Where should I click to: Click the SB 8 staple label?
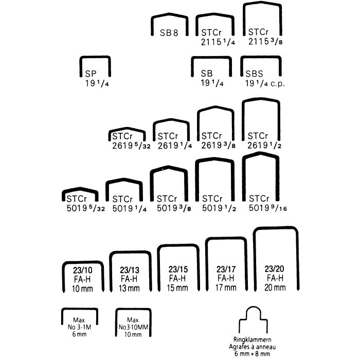pyautogui.click(x=169, y=33)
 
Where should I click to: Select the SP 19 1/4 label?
pyautogui.click(x=97, y=79)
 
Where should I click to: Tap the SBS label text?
pyautogui.click(x=254, y=74)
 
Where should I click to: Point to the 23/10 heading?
pyautogui.click(x=82, y=270)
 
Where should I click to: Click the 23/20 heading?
pyautogui.click(x=274, y=268)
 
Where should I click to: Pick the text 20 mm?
pyautogui.click(x=275, y=287)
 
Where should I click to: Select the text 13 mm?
pyautogui.click(x=129, y=288)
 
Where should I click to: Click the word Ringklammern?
pyautogui.click(x=253, y=339)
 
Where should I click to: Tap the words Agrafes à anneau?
pyautogui.click(x=253, y=347)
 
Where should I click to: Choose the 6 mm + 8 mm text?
pyautogui.click(x=253, y=354)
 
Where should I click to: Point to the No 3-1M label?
pyautogui.click(x=79, y=327)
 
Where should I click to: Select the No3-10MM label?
pyautogui.click(x=133, y=327)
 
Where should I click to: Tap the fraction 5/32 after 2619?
pyautogui.click(x=143, y=146)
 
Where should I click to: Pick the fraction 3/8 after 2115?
pyautogui.click(x=277, y=42)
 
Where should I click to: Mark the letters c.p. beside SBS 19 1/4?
pyautogui.click(x=278, y=84)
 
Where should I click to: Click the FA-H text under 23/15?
pyautogui.click(x=177, y=279)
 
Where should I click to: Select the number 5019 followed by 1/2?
pyautogui.click(x=212, y=208)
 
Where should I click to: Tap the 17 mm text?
pyautogui.click(x=226, y=287)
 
